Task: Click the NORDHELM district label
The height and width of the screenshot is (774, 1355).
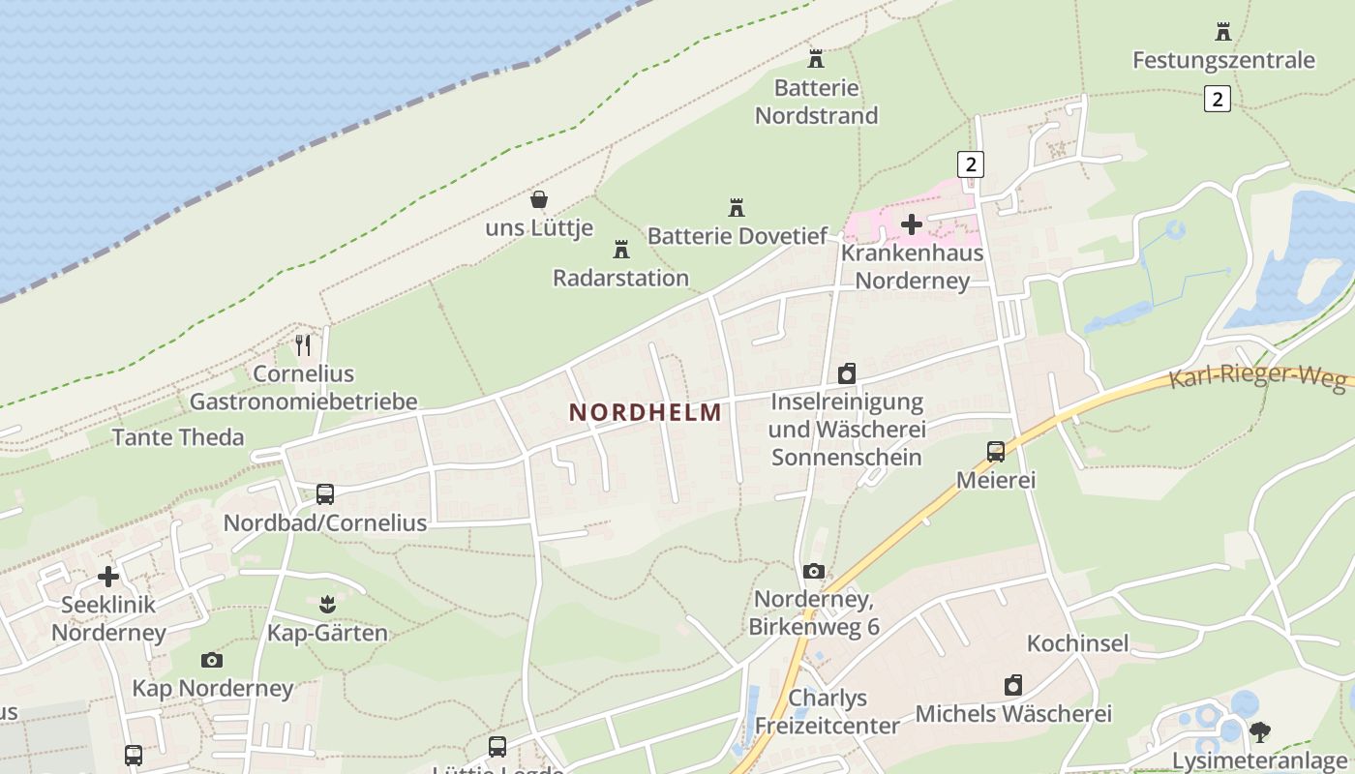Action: pos(646,413)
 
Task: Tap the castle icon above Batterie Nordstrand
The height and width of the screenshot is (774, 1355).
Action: pos(816,59)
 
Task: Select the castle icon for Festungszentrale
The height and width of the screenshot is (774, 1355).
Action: pos(1223,32)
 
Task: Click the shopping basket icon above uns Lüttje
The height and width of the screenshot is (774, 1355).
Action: pos(539,200)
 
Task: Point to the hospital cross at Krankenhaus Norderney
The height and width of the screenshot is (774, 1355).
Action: pos(911,225)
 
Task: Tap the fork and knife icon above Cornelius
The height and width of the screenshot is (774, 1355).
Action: pos(303,344)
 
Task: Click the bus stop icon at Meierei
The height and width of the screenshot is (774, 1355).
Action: pos(995,451)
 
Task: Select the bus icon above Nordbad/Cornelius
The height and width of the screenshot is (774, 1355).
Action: pos(325,494)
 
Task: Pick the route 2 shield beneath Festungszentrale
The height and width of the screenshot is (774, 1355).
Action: pos(1218,99)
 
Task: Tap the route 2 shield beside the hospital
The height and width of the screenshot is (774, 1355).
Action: pos(970,164)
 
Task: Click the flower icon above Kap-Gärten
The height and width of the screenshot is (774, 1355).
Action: pos(326,605)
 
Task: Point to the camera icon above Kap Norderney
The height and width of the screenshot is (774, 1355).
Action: pos(212,660)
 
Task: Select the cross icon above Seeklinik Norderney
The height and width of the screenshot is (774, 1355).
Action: pos(108,577)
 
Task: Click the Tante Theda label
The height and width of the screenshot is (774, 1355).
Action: pos(178,437)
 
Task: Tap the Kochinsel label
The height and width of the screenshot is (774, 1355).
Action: pos(1077,643)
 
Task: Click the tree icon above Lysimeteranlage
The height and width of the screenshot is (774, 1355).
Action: pos(1259,731)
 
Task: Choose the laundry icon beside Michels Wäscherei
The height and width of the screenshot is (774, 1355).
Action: pos(1013,686)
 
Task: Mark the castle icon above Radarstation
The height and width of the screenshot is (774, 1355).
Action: pos(621,250)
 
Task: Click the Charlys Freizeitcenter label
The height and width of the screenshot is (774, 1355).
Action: pos(828,711)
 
